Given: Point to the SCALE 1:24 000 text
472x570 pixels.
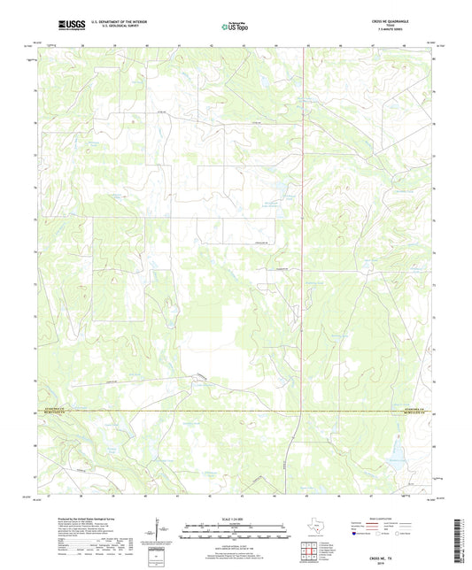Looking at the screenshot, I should [235, 519].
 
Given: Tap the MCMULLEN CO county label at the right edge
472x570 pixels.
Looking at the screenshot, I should [422, 412].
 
